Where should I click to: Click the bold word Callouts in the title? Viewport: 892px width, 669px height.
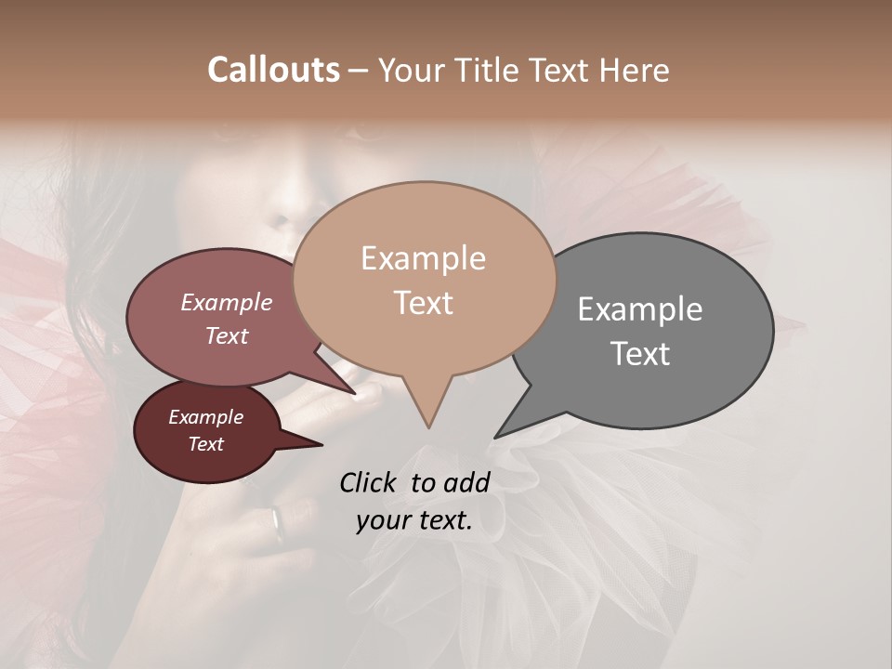point(273,70)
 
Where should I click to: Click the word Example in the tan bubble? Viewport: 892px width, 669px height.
point(423,258)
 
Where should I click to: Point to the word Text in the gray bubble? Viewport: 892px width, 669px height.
point(640,354)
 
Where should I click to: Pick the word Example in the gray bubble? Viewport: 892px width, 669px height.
point(640,309)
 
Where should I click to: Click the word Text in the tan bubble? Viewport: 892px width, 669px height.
point(423,303)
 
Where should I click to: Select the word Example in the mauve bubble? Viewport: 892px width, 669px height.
point(227,302)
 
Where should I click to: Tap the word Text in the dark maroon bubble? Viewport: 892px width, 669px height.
point(206,444)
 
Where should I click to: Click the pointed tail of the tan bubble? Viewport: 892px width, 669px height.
point(428,425)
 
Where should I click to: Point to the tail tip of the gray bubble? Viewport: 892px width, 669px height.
point(496,437)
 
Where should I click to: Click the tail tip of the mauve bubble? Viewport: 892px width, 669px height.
point(356,394)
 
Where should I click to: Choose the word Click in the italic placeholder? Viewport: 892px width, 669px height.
point(371,482)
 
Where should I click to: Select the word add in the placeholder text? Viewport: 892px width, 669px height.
point(466,482)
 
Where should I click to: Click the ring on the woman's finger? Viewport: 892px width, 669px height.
point(278,523)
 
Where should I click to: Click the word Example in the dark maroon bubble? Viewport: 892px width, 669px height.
point(206,417)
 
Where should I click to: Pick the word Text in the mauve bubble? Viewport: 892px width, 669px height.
point(227,335)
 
